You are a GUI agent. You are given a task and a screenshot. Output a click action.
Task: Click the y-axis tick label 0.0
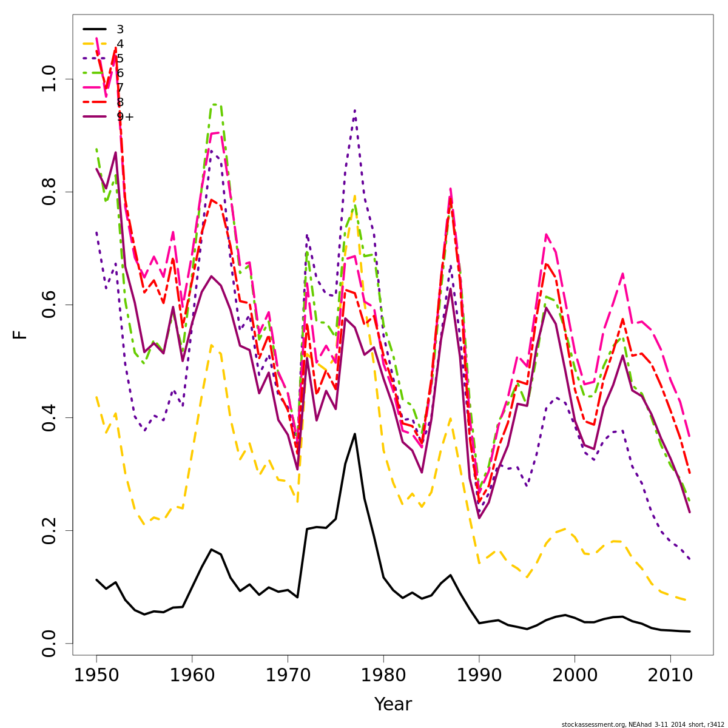point(49,643)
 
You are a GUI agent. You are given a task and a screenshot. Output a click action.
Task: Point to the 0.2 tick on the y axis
point(49,530)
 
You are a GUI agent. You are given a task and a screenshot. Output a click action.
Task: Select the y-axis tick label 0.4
point(49,417)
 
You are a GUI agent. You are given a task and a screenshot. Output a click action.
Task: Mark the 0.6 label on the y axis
point(49,305)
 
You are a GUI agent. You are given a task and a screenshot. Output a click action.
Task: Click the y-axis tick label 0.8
point(49,192)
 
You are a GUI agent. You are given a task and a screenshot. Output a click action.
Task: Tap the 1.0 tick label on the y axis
point(49,79)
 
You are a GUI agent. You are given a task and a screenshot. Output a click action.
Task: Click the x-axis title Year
point(393,705)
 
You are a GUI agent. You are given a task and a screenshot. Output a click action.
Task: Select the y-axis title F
point(21,334)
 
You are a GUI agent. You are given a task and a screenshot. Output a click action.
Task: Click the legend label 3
point(120,29)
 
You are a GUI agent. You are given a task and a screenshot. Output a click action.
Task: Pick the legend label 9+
point(125,116)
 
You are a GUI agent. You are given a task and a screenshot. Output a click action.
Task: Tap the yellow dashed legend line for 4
point(95,44)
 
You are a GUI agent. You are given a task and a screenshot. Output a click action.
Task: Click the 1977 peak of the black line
point(355,434)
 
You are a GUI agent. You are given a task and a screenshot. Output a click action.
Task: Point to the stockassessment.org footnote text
point(643,724)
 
